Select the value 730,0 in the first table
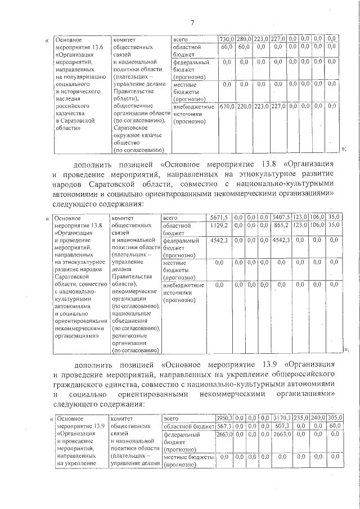[x=227, y=39]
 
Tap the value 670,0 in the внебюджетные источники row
[x=227, y=106]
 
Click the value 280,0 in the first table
[x=244, y=39]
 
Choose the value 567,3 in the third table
[x=224, y=426]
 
